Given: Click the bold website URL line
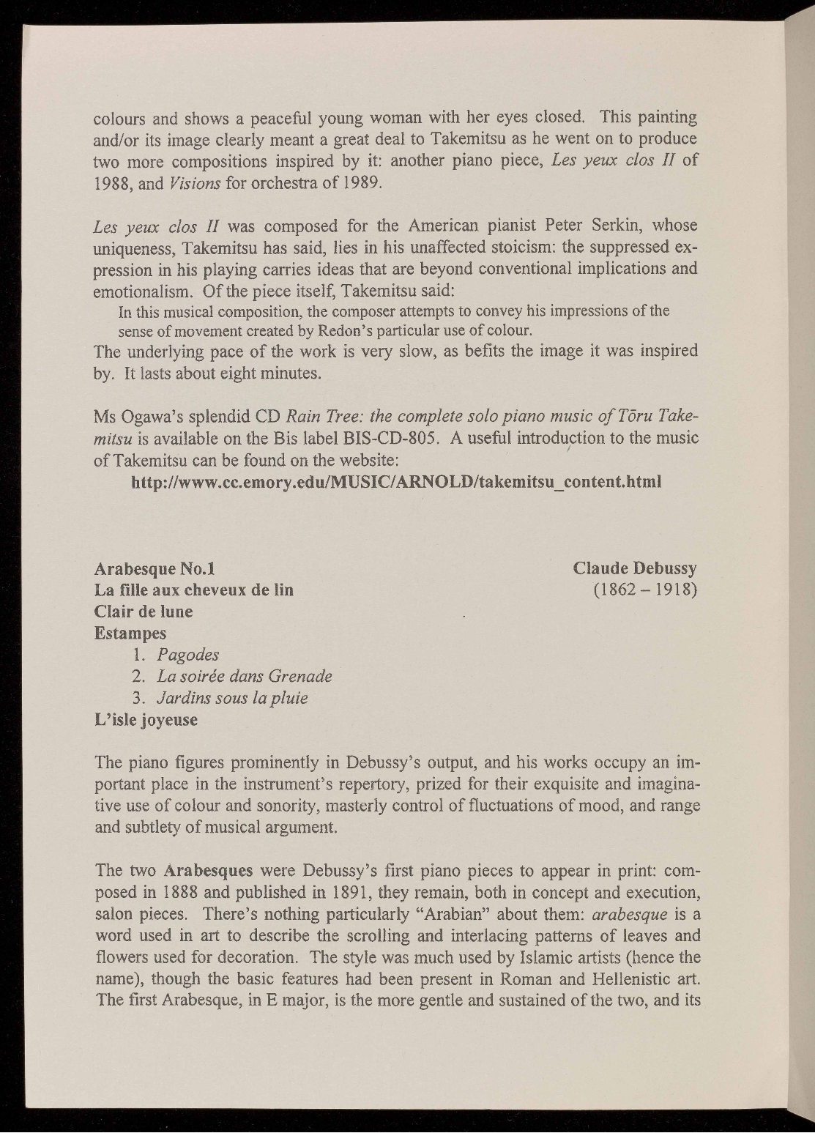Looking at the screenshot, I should [396, 483].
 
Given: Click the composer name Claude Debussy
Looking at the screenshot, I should [635, 569].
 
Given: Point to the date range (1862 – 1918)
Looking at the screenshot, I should [645, 590].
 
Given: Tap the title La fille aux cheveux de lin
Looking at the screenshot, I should [194, 590].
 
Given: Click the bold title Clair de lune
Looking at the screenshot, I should [144, 612].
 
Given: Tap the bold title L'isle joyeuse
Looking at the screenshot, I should [146, 720].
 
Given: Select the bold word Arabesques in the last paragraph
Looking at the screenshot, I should [209, 872].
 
